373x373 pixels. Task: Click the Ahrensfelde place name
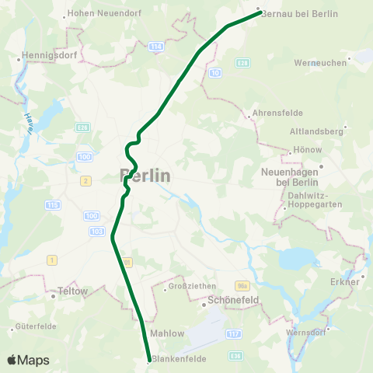click(274, 110)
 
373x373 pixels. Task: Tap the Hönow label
click(303, 151)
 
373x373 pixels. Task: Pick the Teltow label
click(73, 293)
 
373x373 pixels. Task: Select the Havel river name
click(24, 123)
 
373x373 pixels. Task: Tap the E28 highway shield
click(243, 62)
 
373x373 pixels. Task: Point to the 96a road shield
click(242, 285)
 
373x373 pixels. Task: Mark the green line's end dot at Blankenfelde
click(148, 360)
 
